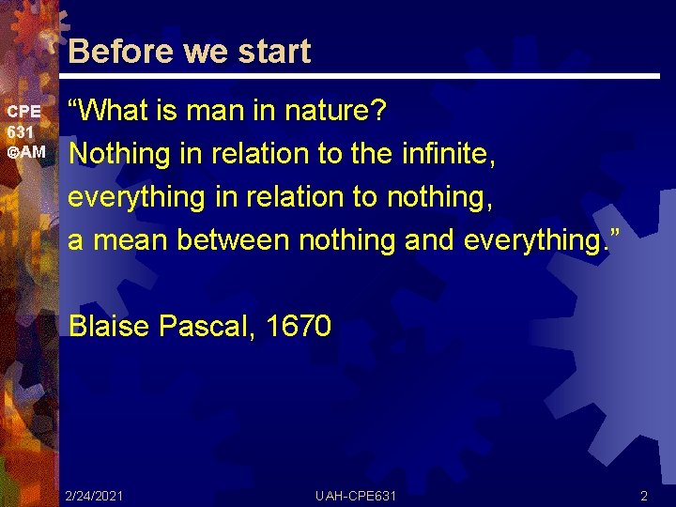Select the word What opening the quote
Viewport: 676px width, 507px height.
[117, 112]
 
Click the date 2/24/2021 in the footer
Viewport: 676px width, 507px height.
[95, 495]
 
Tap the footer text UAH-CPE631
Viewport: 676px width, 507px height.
[356, 495]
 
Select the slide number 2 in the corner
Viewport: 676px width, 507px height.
[644, 495]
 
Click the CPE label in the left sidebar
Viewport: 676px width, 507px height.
[23, 112]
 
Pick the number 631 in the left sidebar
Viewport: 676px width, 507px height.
[21, 131]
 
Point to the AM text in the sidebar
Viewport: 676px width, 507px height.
[31, 151]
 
